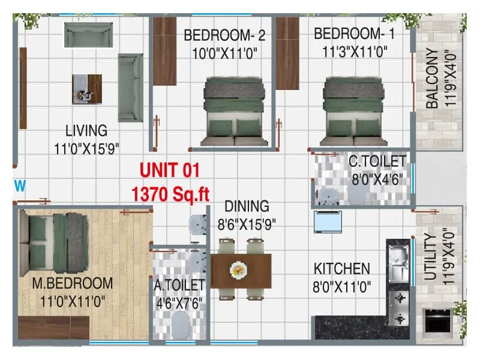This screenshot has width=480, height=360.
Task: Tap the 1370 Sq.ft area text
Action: point(170,194)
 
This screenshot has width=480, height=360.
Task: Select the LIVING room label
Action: point(86,130)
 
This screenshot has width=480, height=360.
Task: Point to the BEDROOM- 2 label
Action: point(224,35)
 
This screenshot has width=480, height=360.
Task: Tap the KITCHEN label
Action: point(342,269)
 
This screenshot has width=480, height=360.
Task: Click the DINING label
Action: point(248,206)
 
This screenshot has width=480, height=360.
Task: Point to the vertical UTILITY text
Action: point(430,258)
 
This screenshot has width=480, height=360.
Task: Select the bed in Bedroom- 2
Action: point(234,111)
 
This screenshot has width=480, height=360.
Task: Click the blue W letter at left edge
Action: point(20,186)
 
